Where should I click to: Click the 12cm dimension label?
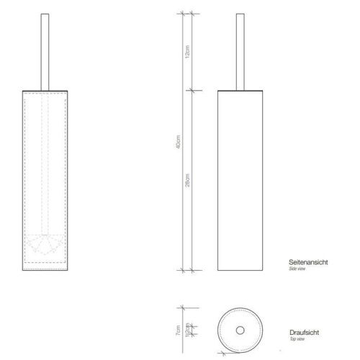coord(186,52)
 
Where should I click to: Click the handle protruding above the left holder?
coord(48,50)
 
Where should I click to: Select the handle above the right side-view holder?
coord(239,50)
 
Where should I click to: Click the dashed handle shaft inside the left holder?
coord(48,166)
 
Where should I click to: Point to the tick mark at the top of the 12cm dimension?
coord(186,14)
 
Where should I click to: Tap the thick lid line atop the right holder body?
coord(239,91)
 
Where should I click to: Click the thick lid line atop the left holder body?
coord(48,91)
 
